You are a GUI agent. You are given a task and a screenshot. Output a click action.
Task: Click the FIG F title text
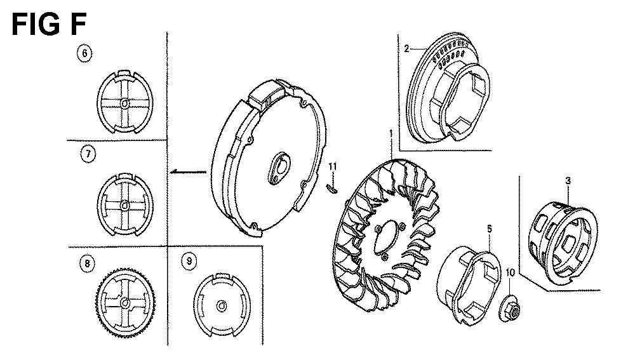pyautogui.click(x=49, y=24)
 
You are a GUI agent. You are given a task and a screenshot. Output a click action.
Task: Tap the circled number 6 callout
pyautogui.click(x=84, y=53)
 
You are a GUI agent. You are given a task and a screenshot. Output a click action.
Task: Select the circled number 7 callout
pyautogui.click(x=88, y=154)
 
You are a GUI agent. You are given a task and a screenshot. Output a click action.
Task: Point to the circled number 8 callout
pyautogui.click(x=87, y=263)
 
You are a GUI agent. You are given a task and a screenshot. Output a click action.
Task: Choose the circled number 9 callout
pyautogui.click(x=189, y=261)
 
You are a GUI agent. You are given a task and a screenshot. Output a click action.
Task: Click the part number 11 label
pyautogui.click(x=333, y=166)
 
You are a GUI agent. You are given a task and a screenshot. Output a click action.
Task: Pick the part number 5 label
pyautogui.click(x=489, y=229)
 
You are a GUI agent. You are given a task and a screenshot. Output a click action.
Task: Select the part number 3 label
pyautogui.click(x=568, y=180)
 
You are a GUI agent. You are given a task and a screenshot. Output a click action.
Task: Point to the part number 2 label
pyautogui.click(x=406, y=49)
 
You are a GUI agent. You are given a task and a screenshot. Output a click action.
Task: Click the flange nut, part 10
pyautogui.click(x=509, y=309)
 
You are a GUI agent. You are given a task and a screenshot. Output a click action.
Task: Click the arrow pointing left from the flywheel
pyautogui.click(x=188, y=171)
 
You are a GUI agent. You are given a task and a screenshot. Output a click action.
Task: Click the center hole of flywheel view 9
pyautogui.click(x=221, y=306)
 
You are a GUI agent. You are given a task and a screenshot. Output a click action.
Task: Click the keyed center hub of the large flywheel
pyautogui.click(x=279, y=167)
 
